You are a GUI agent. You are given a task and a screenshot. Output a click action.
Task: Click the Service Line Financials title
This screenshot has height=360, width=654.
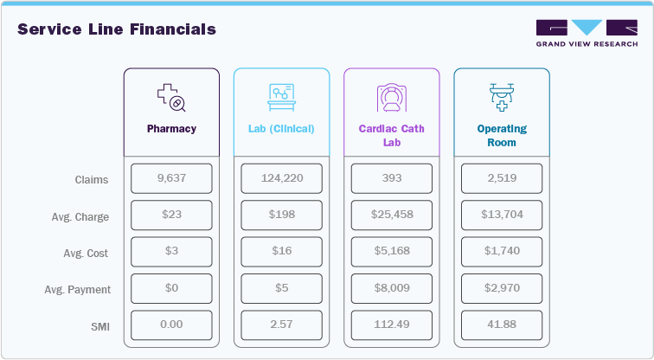pos(117,29)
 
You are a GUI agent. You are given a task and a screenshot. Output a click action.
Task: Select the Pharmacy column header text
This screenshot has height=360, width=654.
pos(171,129)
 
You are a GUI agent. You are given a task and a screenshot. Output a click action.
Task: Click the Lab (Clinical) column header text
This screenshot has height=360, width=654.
pos(281,129)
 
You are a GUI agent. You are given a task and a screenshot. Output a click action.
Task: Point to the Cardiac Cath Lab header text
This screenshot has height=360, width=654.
pos(391,136)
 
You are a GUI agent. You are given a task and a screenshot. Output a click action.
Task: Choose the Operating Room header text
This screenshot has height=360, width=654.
pos(502,136)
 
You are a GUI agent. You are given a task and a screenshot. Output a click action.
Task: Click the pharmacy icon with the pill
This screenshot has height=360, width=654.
pos(171,98)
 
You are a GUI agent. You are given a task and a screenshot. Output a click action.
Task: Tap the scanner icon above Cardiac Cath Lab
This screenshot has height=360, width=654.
pos(391,98)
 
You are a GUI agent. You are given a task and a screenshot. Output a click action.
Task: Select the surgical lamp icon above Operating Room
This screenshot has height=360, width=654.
pos(502,98)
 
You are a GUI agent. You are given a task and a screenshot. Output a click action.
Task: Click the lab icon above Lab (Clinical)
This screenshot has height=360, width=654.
pos(281,98)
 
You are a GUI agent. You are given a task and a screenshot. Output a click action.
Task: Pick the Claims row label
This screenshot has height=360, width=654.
pos(92,180)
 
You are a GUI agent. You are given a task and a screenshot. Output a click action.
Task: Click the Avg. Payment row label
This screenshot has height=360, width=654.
pos(79,290)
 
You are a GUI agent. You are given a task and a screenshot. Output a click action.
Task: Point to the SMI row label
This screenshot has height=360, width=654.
pos(99,326)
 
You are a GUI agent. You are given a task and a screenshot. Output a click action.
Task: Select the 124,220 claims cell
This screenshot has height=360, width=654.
pos(281,179)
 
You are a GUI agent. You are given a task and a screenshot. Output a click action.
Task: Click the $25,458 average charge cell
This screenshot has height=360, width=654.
pos(391,215)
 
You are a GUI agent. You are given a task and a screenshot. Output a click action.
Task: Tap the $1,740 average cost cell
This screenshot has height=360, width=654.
pos(502,252)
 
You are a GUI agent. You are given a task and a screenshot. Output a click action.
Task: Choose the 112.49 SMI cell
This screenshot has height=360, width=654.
pos(391,325)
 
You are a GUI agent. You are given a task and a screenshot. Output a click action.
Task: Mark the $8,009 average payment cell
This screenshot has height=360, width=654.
pos(391,289)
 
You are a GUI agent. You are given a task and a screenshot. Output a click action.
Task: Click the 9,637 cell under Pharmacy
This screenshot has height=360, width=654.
pos(171,179)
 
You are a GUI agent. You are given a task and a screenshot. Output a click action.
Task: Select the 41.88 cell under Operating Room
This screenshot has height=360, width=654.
pos(502,325)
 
